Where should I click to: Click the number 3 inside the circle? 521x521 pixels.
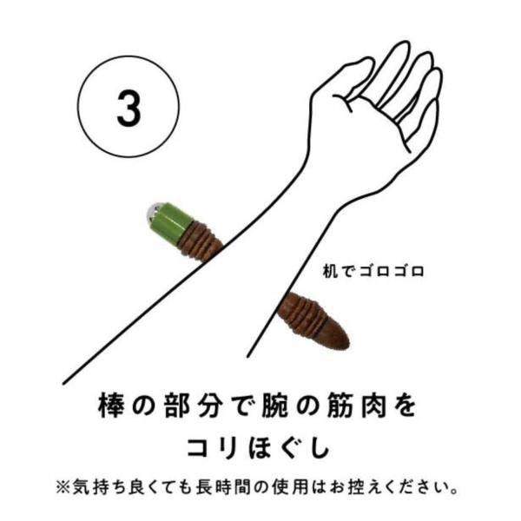pyautogui.click(x=129, y=108)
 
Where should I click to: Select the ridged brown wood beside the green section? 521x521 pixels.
pyautogui.click(x=200, y=240)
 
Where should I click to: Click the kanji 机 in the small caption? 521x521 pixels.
pyautogui.click(x=330, y=272)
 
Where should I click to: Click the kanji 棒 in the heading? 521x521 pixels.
pyautogui.click(x=111, y=405)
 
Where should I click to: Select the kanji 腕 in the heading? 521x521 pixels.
pyautogui.click(x=274, y=405)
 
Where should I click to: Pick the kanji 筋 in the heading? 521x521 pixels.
pyautogui.click(x=340, y=405)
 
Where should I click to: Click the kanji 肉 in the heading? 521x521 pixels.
pyautogui.click(x=373, y=405)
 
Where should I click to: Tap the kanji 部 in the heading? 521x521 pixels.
pyautogui.click(x=177, y=405)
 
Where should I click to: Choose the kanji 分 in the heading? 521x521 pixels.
pyautogui.click(x=209, y=405)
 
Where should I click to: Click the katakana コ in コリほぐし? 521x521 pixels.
pyautogui.click(x=198, y=447)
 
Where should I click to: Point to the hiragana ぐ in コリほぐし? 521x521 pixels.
pyautogui.click(x=291, y=447)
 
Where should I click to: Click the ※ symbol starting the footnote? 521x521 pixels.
pyautogui.click(x=63, y=487)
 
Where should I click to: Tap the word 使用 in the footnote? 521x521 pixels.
pyautogui.click(x=290, y=487)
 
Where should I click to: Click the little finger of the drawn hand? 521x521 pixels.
pyautogui.click(x=429, y=109)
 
